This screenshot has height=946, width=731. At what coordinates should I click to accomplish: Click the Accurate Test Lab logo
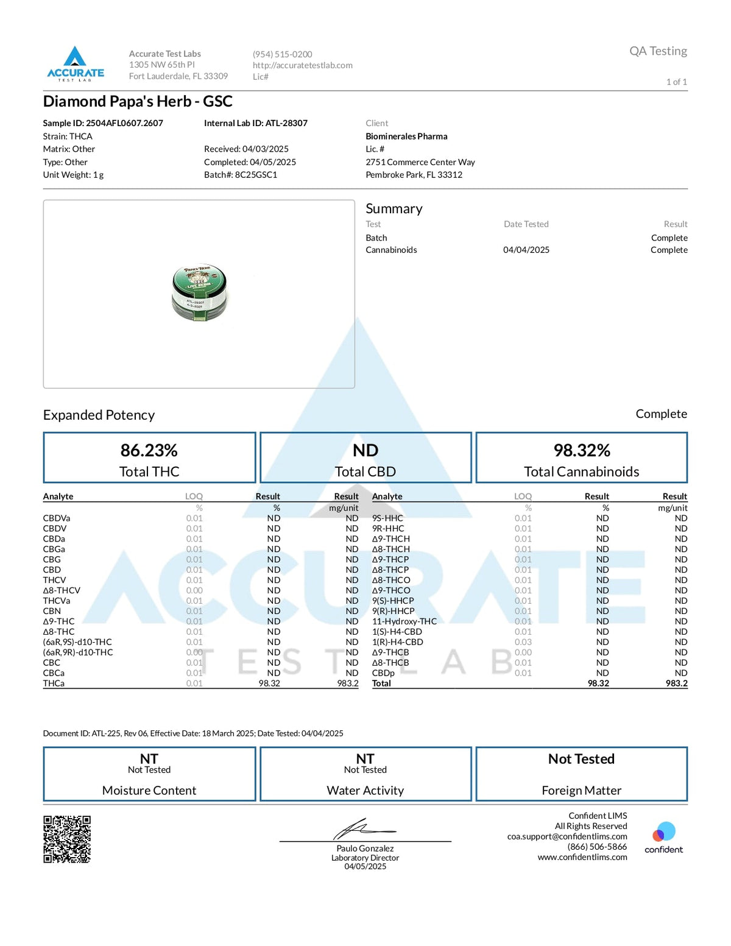coord(76,64)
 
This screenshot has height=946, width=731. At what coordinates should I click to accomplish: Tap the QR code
coord(67,839)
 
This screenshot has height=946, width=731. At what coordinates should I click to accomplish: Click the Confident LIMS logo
coord(663,838)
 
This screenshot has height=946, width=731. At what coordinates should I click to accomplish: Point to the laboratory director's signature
coord(364,829)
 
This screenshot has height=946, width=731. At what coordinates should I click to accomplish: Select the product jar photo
coord(200,293)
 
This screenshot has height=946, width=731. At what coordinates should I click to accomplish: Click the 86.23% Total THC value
coord(149,450)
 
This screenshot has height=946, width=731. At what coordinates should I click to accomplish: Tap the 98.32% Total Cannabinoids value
coord(581,450)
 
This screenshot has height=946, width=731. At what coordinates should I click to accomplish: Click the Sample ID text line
coord(103,123)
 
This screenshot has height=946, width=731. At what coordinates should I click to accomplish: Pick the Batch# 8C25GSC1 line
coord(241,175)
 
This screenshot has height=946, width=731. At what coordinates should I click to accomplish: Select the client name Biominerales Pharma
coord(406,136)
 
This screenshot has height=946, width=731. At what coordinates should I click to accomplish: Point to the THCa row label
coord(54,683)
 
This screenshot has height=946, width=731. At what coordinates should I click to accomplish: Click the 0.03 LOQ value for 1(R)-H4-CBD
coord(523,642)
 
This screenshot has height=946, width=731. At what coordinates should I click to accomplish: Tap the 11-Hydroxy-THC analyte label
coord(404,621)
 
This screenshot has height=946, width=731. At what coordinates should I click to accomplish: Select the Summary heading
coord(394,208)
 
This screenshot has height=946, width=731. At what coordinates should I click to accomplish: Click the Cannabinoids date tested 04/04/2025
coord(526,250)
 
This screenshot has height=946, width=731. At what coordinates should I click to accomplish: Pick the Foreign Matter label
coord(581,790)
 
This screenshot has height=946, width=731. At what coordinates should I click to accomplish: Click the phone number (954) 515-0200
coord(283,54)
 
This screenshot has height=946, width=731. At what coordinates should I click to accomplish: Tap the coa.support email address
coord(567,836)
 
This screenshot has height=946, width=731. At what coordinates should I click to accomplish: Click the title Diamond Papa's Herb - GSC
coord(138,101)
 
